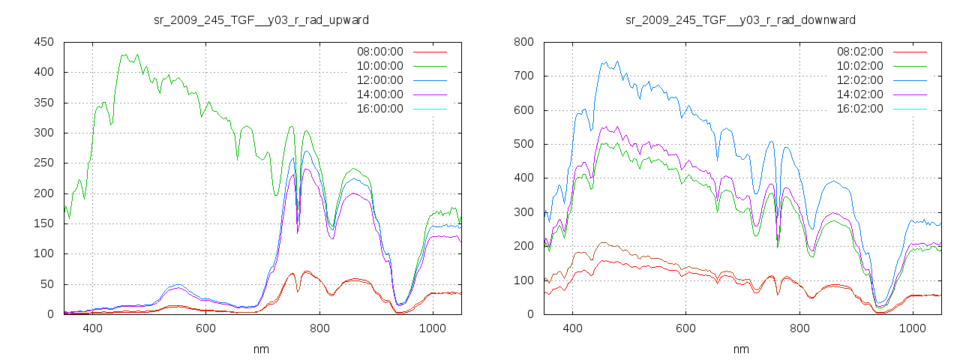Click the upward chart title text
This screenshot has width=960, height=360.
(261, 19)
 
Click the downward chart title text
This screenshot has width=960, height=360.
(740, 19)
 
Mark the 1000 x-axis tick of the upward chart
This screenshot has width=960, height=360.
(432, 328)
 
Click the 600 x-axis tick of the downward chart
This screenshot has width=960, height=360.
(685, 328)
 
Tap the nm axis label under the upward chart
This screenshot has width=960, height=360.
(261, 349)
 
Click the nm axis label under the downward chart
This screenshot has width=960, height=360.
(741, 349)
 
